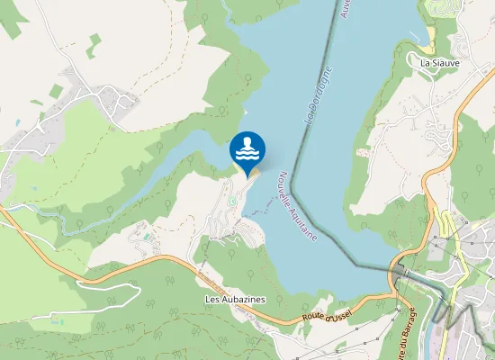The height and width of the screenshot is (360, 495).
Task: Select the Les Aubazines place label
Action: coord(235,298)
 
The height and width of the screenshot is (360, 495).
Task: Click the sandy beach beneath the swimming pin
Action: coord(253,173)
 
